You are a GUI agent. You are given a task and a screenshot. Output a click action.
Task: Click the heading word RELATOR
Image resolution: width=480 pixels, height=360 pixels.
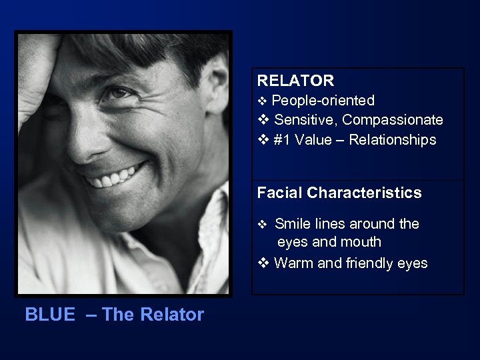point(295,81)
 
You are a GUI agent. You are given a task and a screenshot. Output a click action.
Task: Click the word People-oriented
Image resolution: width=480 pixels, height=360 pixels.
point(323,101)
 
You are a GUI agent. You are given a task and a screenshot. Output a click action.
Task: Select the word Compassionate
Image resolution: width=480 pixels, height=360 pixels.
point(393,120)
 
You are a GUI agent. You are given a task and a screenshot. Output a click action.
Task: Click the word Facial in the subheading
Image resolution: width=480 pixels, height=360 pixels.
point(280,193)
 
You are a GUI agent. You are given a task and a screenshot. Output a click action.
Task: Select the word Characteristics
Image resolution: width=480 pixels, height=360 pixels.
point(365,193)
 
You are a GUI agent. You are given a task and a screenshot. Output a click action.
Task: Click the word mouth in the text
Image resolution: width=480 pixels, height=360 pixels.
point(360,242)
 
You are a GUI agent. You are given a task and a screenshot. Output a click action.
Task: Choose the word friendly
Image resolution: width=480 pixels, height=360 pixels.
point(370,263)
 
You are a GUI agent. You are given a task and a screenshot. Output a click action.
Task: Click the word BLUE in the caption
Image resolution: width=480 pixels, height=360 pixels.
point(50,315)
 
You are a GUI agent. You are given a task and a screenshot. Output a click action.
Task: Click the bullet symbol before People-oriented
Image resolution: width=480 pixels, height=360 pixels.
point(262,101)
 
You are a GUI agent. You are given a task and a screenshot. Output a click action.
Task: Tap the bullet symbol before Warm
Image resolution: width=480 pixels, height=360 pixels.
point(263,263)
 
